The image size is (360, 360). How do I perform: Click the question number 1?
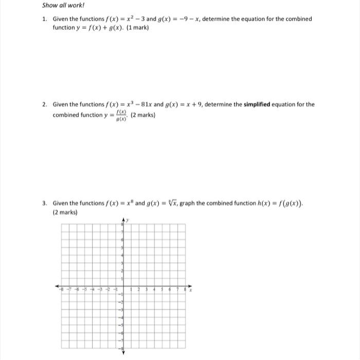[x=45, y=19]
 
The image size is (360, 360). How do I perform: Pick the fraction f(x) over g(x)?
[x=122, y=115]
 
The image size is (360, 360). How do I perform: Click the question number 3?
[x=45, y=203]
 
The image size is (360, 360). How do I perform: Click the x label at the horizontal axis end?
[x=190, y=290]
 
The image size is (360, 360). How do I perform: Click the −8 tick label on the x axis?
[x=61, y=290]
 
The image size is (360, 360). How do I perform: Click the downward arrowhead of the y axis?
[x=123, y=352]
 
